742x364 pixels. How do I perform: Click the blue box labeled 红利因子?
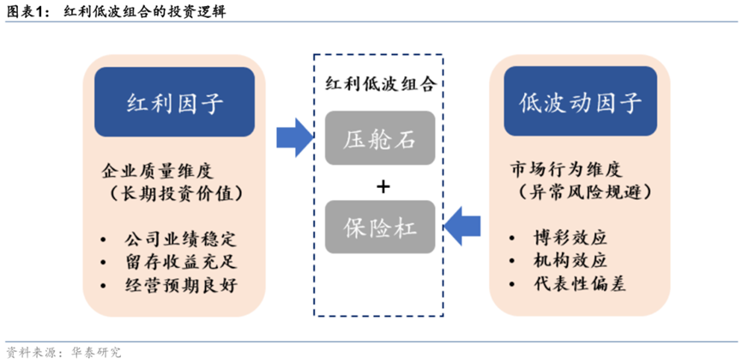[x=174, y=104]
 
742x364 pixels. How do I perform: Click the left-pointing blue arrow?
[x=467, y=226]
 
